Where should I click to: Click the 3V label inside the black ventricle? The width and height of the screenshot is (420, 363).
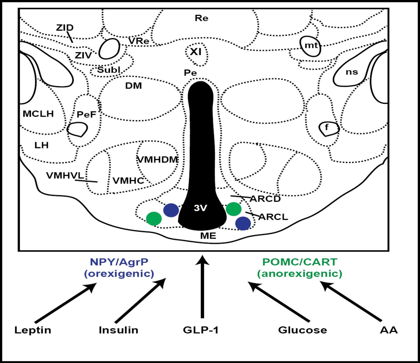point(200,208)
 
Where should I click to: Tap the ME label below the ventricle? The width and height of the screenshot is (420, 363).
point(208,236)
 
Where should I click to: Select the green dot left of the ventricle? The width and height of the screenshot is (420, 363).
point(154,218)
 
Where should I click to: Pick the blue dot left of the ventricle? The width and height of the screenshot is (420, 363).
point(171,210)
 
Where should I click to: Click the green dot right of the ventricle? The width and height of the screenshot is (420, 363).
point(234,209)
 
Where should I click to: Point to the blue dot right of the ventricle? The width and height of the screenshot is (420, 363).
point(243,223)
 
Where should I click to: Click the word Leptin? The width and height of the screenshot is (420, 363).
point(33,330)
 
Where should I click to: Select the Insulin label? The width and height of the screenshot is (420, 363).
point(118,330)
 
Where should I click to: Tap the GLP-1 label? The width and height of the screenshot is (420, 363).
point(201,330)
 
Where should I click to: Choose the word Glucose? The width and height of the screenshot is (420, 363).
point(303,330)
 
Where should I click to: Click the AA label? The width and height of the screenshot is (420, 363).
point(389,330)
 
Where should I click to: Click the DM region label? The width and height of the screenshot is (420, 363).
point(134,86)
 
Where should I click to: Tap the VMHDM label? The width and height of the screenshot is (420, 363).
point(157,160)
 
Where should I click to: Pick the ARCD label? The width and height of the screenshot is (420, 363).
point(265,199)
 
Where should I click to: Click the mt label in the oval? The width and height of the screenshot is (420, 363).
point(311,45)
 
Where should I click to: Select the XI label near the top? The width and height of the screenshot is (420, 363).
point(196,52)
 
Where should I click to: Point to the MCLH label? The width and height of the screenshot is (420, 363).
point(38,114)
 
